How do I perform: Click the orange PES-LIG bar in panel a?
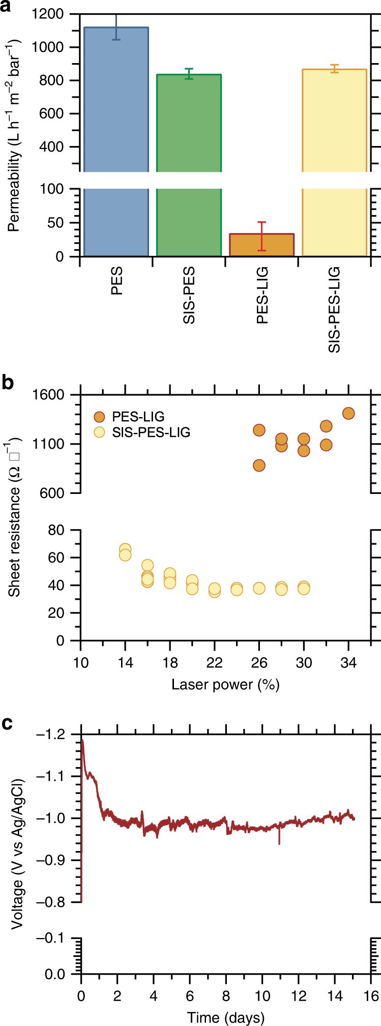[261, 245]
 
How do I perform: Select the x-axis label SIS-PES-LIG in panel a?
[334, 310]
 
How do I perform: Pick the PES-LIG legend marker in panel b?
[100, 417]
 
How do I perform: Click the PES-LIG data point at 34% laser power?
[348, 414]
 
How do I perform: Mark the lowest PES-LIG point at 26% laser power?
[259, 465]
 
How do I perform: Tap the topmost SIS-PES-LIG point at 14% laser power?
[125, 549]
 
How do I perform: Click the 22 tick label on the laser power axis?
[215, 663]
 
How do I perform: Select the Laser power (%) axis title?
[225, 685]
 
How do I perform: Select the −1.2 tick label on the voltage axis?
[50, 734]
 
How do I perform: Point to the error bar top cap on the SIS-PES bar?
[189, 69]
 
